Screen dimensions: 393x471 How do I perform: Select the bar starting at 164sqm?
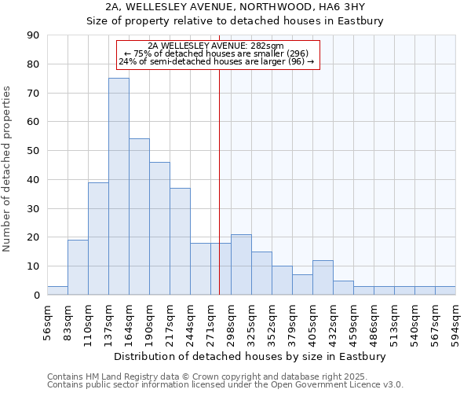(x=139, y=217)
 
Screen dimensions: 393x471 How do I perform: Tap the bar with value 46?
(x=159, y=228)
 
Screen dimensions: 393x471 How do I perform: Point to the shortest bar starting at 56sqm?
(x=57, y=291)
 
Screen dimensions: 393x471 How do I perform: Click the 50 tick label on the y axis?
(x=34, y=151)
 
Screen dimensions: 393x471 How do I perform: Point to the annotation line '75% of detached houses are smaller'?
(x=217, y=53)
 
